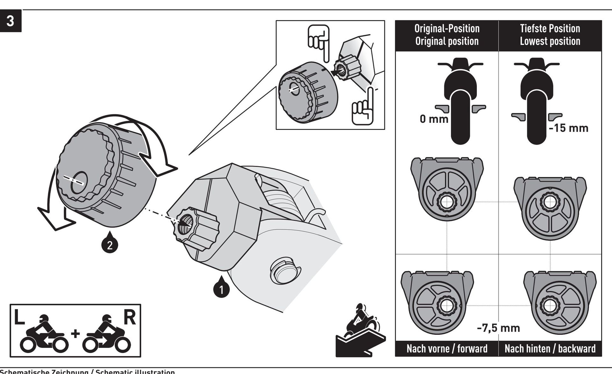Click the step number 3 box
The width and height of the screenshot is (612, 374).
(11, 21)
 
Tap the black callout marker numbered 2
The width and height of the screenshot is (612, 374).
(110, 245)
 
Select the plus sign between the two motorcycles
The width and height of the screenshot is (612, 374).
(76, 333)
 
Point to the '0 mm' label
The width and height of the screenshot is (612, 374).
(434, 119)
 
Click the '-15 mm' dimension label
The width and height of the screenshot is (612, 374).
(568, 128)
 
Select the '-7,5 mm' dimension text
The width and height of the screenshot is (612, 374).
(498, 328)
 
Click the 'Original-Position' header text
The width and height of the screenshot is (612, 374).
(447, 29)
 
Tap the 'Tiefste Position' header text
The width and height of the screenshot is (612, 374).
(550, 29)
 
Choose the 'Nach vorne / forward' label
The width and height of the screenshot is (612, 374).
(447, 348)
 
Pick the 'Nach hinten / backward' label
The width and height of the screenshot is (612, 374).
(550, 348)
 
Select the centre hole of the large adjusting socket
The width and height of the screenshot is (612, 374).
(79, 183)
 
